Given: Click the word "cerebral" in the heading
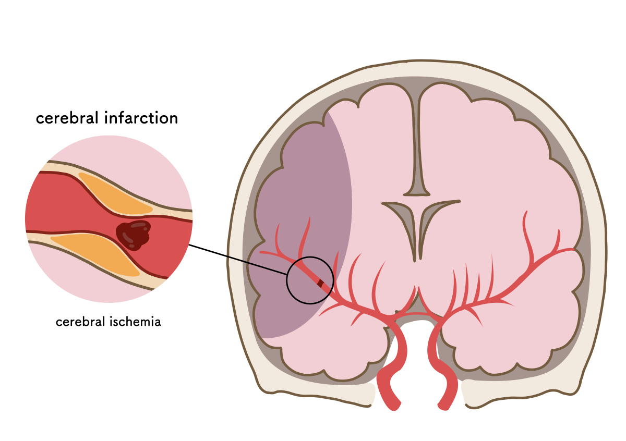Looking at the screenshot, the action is pos(67,118).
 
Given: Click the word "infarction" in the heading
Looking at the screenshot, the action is pos(141,118).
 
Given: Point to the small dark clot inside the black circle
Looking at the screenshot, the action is pos(320,284).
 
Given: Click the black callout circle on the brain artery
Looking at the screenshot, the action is pos(310,256).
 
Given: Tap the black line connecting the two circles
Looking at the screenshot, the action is pos(238,260).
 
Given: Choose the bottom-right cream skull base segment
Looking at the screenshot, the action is pos(517,391).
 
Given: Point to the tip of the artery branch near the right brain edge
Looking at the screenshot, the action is pos(573,249).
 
